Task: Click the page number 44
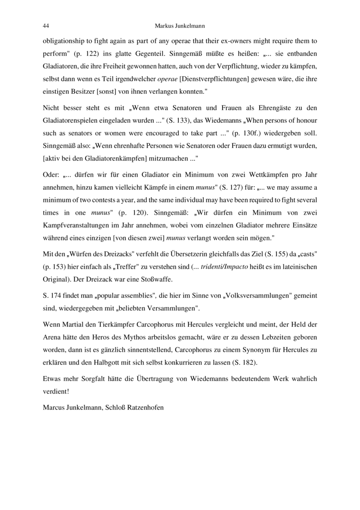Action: coord(46,26)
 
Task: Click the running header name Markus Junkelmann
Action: coord(179,26)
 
